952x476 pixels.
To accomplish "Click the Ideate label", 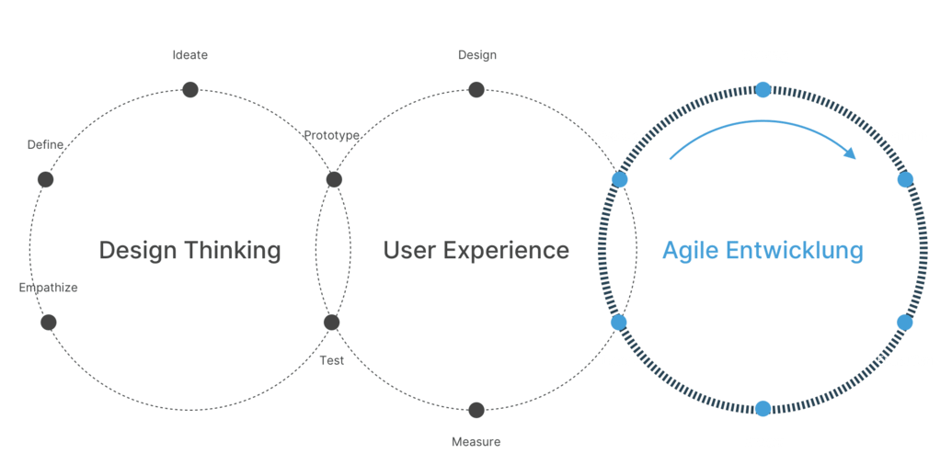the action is pyautogui.click(x=190, y=55).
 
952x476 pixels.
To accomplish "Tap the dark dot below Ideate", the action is pyautogui.click(x=190, y=90).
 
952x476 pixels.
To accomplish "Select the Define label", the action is pyautogui.click(x=46, y=144).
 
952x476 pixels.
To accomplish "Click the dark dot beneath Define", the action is pyautogui.click(x=46, y=179).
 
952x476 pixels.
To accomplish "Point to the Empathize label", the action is pyautogui.click(x=48, y=288).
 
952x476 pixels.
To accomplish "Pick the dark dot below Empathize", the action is pyautogui.click(x=49, y=323).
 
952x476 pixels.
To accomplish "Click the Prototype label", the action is pyautogui.click(x=331, y=135).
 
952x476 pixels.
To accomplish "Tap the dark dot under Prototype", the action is pyautogui.click(x=334, y=179).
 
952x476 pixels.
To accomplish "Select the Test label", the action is pyautogui.click(x=331, y=360).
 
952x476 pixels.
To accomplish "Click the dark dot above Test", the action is pyautogui.click(x=331, y=323).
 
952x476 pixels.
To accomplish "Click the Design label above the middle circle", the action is pyautogui.click(x=477, y=55).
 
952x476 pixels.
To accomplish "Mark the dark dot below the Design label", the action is pyautogui.click(x=476, y=90).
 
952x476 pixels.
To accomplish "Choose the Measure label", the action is pyautogui.click(x=476, y=442).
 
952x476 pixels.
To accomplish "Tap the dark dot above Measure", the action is pyautogui.click(x=476, y=410).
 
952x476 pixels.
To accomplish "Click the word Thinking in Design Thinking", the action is pyautogui.click(x=233, y=251).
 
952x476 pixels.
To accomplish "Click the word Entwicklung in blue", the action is pyautogui.click(x=795, y=251).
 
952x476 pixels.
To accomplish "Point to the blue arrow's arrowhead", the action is pyautogui.click(x=851, y=153).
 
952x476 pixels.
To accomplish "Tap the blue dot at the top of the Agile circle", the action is pyautogui.click(x=763, y=90).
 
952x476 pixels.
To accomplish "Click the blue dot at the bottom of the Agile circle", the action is pyautogui.click(x=763, y=409).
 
